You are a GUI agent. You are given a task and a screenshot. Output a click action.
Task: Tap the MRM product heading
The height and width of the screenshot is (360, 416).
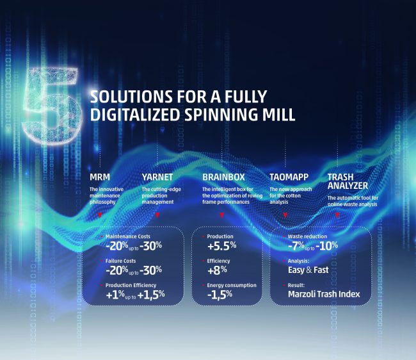click(100, 177)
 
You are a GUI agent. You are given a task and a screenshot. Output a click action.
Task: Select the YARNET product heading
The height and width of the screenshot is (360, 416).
click(157, 177)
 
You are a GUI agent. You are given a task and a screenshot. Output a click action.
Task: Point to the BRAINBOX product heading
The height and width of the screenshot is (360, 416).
click(223, 177)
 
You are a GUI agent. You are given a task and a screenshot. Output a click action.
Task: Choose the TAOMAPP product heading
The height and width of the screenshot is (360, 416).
click(289, 177)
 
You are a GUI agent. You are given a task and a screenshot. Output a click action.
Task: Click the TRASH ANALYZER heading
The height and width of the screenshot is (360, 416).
click(348, 181)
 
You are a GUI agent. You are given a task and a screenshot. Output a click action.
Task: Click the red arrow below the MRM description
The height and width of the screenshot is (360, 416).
click(100, 215)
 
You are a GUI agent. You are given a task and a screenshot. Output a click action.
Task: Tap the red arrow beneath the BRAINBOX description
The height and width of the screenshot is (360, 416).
click(222, 215)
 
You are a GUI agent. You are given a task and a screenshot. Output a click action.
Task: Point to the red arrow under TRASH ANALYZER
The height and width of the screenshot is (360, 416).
click(337, 215)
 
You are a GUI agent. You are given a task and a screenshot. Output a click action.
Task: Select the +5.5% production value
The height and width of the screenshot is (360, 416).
click(222, 246)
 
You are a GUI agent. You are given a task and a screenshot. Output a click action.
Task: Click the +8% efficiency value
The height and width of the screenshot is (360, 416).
click(217, 270)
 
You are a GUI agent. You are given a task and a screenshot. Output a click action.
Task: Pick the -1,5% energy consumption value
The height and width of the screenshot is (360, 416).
click(220, 295)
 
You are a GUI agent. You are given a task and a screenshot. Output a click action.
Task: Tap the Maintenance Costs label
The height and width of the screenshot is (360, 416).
click(128, 236)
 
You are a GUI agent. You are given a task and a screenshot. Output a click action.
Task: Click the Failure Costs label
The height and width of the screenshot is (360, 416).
click(120, 261)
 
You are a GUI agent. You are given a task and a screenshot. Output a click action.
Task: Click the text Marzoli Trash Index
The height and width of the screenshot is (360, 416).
click(324, 294)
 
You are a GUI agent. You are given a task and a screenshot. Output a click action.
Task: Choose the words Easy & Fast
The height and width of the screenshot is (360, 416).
click(308, 270)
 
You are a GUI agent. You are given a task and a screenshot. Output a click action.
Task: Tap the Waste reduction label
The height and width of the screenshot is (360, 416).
click(307, 236)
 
